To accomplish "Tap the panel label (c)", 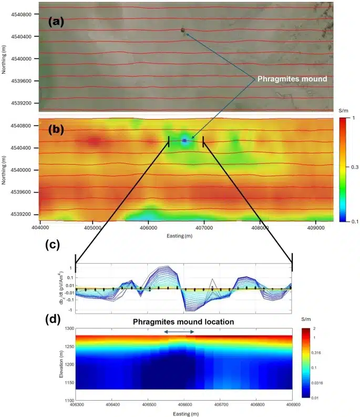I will [x=61, y=245].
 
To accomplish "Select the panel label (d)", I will [x=61, y=317].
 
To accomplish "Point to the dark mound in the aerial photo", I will [x=183, y=30].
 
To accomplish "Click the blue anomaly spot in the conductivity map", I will [x=184, y=140].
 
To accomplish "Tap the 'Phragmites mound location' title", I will [x=182, y=321].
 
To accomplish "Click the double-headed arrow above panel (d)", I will [x=179, y=331].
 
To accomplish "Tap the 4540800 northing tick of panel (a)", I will [x=24, y=15].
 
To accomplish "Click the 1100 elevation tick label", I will [x=65, y=401].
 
